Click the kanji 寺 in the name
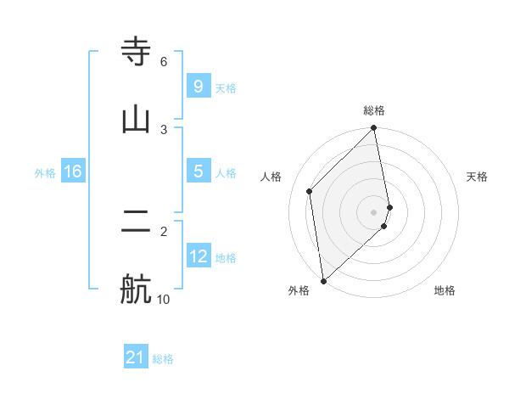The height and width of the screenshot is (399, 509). [137, 52]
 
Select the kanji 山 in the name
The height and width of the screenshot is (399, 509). [137, 120]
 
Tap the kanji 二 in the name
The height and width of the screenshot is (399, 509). [137, 222]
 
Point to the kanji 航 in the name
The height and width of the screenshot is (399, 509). [137, 289]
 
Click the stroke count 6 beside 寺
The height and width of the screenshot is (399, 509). [164, 62]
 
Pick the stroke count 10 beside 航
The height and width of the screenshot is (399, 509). [163, 299]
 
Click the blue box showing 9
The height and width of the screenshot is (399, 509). [198, 87]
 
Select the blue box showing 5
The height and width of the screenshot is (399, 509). [198, 171]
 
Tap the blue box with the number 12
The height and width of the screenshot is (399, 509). [199, 256]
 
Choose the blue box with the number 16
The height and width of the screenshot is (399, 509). [72, 171]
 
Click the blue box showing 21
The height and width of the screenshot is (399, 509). [136, 357]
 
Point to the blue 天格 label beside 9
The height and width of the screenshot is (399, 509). [226, 88]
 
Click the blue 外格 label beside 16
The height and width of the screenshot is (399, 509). [45, 173]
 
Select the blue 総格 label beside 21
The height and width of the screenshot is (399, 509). [163, 359]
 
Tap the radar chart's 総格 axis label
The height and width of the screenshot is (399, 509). [374, 110]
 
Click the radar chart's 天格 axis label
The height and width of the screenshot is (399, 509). [478, 177]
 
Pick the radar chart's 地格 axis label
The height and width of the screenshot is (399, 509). [445, 290]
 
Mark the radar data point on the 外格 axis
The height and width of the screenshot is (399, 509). [322, 280]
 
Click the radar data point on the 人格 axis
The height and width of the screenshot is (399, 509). [310, 191]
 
